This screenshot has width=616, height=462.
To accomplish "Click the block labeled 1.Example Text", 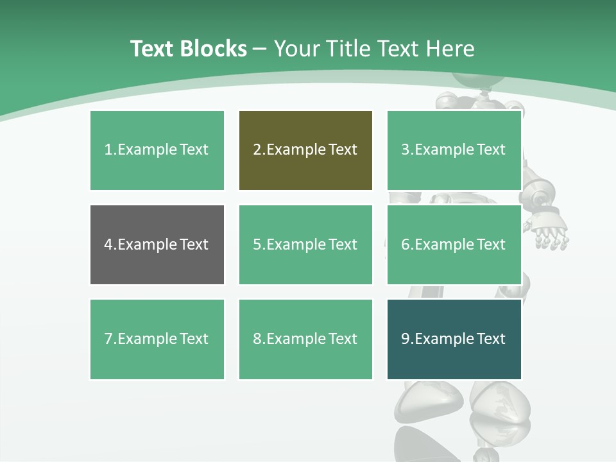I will click(157, 150).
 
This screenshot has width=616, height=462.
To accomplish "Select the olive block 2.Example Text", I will click(305, 150).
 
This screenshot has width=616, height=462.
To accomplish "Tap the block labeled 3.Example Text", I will click(454, 150).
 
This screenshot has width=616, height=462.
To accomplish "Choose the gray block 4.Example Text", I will click(157, 244).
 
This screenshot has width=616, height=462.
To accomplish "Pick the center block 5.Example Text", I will click(305, 244).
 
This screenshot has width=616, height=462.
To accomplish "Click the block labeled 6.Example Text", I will click(454, 244).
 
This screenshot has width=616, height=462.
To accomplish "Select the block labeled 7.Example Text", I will click(157, 339).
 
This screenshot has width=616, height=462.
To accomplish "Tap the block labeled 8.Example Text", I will click(305, 339).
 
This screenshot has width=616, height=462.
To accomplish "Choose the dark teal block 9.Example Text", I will click(454, 339).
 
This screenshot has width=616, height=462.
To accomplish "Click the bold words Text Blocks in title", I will click(188, 49).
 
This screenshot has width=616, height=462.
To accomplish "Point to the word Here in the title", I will click(449, 49).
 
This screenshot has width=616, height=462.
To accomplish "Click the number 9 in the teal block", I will click(406, 339).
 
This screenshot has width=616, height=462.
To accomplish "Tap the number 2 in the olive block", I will click(257, 150).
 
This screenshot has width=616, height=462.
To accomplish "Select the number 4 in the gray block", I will click(108, 244).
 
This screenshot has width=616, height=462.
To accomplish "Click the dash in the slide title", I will click(260, 49).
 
